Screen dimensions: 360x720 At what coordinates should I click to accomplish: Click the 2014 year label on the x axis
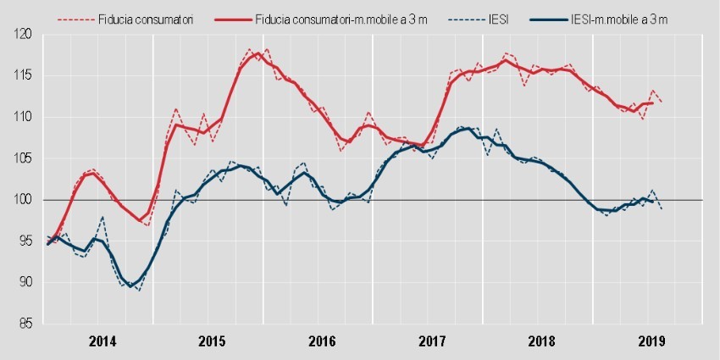coord(102,342)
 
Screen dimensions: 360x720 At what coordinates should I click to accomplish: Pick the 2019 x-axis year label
coord(650,342)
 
